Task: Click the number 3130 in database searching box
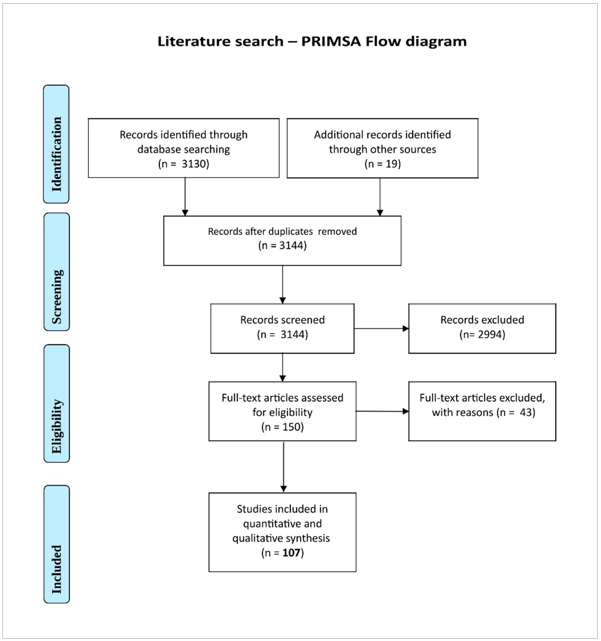(x=193, y=164)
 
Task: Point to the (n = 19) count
(x=383, y=164)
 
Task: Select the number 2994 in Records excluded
(x=491, y=334)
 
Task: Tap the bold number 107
(x=291, y=553)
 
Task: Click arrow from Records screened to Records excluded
(x=381, y=329)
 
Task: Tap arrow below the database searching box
(x=185, y=197)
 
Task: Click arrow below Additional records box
(x=380, y=197)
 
